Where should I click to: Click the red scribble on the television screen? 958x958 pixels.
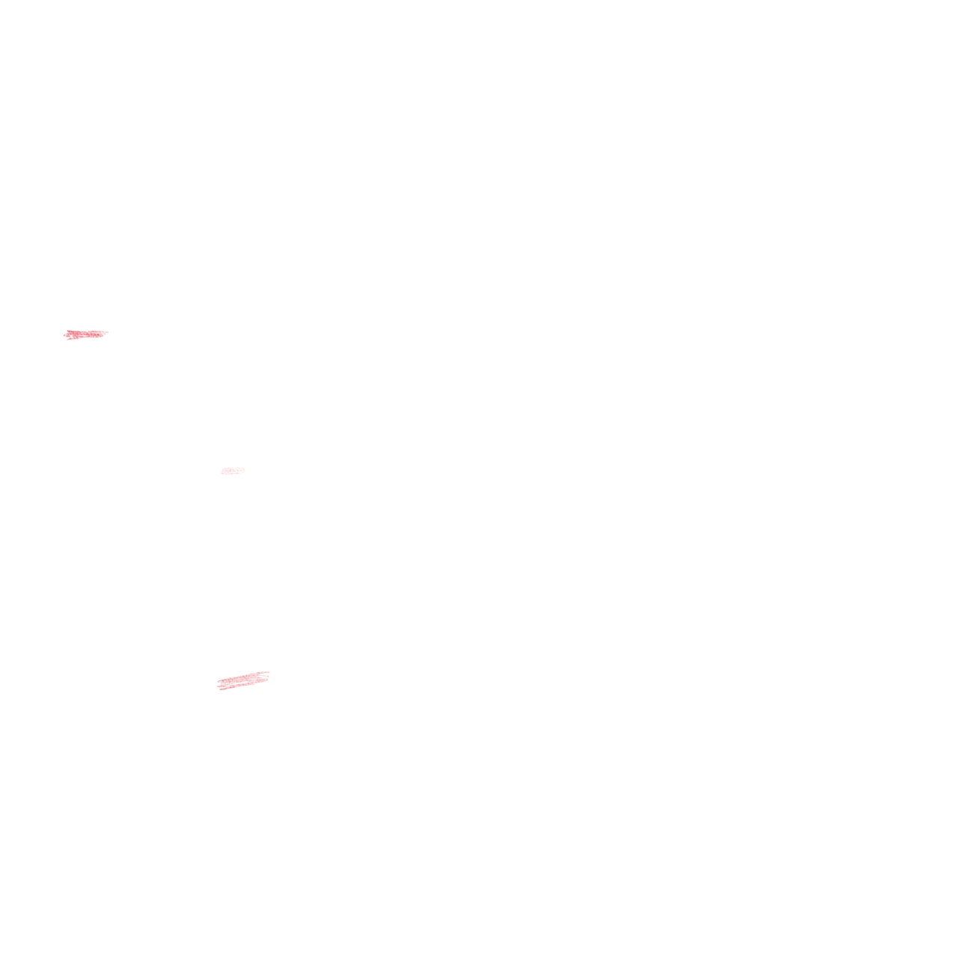click(x=85, y=335)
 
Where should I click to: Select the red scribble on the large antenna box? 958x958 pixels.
click(x=242, y=680)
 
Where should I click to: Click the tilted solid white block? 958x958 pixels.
click(x=254, y=828)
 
